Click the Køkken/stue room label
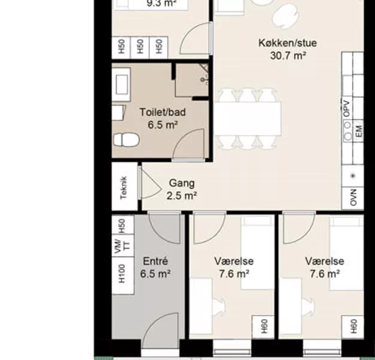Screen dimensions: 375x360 click(x=287, y=43)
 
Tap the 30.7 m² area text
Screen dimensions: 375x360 click(x=288, y=56)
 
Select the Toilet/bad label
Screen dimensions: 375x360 click(x=163, y=112)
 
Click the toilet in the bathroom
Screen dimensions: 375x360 click(x=126, y=140)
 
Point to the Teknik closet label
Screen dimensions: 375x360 click(x=124, y=188)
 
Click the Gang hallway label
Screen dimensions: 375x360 click(x=182, y=184)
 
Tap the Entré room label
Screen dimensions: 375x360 click(x=155, y=261)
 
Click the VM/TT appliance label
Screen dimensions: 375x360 click(x=122, y=245)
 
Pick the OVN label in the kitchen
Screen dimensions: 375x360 click(x=353, y=197)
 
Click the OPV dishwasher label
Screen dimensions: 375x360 click(x=346, y=109)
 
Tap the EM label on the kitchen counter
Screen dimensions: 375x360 click(x=359, y=131)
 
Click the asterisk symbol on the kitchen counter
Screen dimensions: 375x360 click(x=353, y=176)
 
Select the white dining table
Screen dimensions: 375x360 click(x=248, y=119)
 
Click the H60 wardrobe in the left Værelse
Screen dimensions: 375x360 click(x=263, y=327)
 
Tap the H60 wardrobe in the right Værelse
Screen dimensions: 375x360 click(x=353, y=327)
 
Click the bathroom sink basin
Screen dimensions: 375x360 click(x=121, y=85)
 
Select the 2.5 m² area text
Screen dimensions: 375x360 click(x=182, y=196)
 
